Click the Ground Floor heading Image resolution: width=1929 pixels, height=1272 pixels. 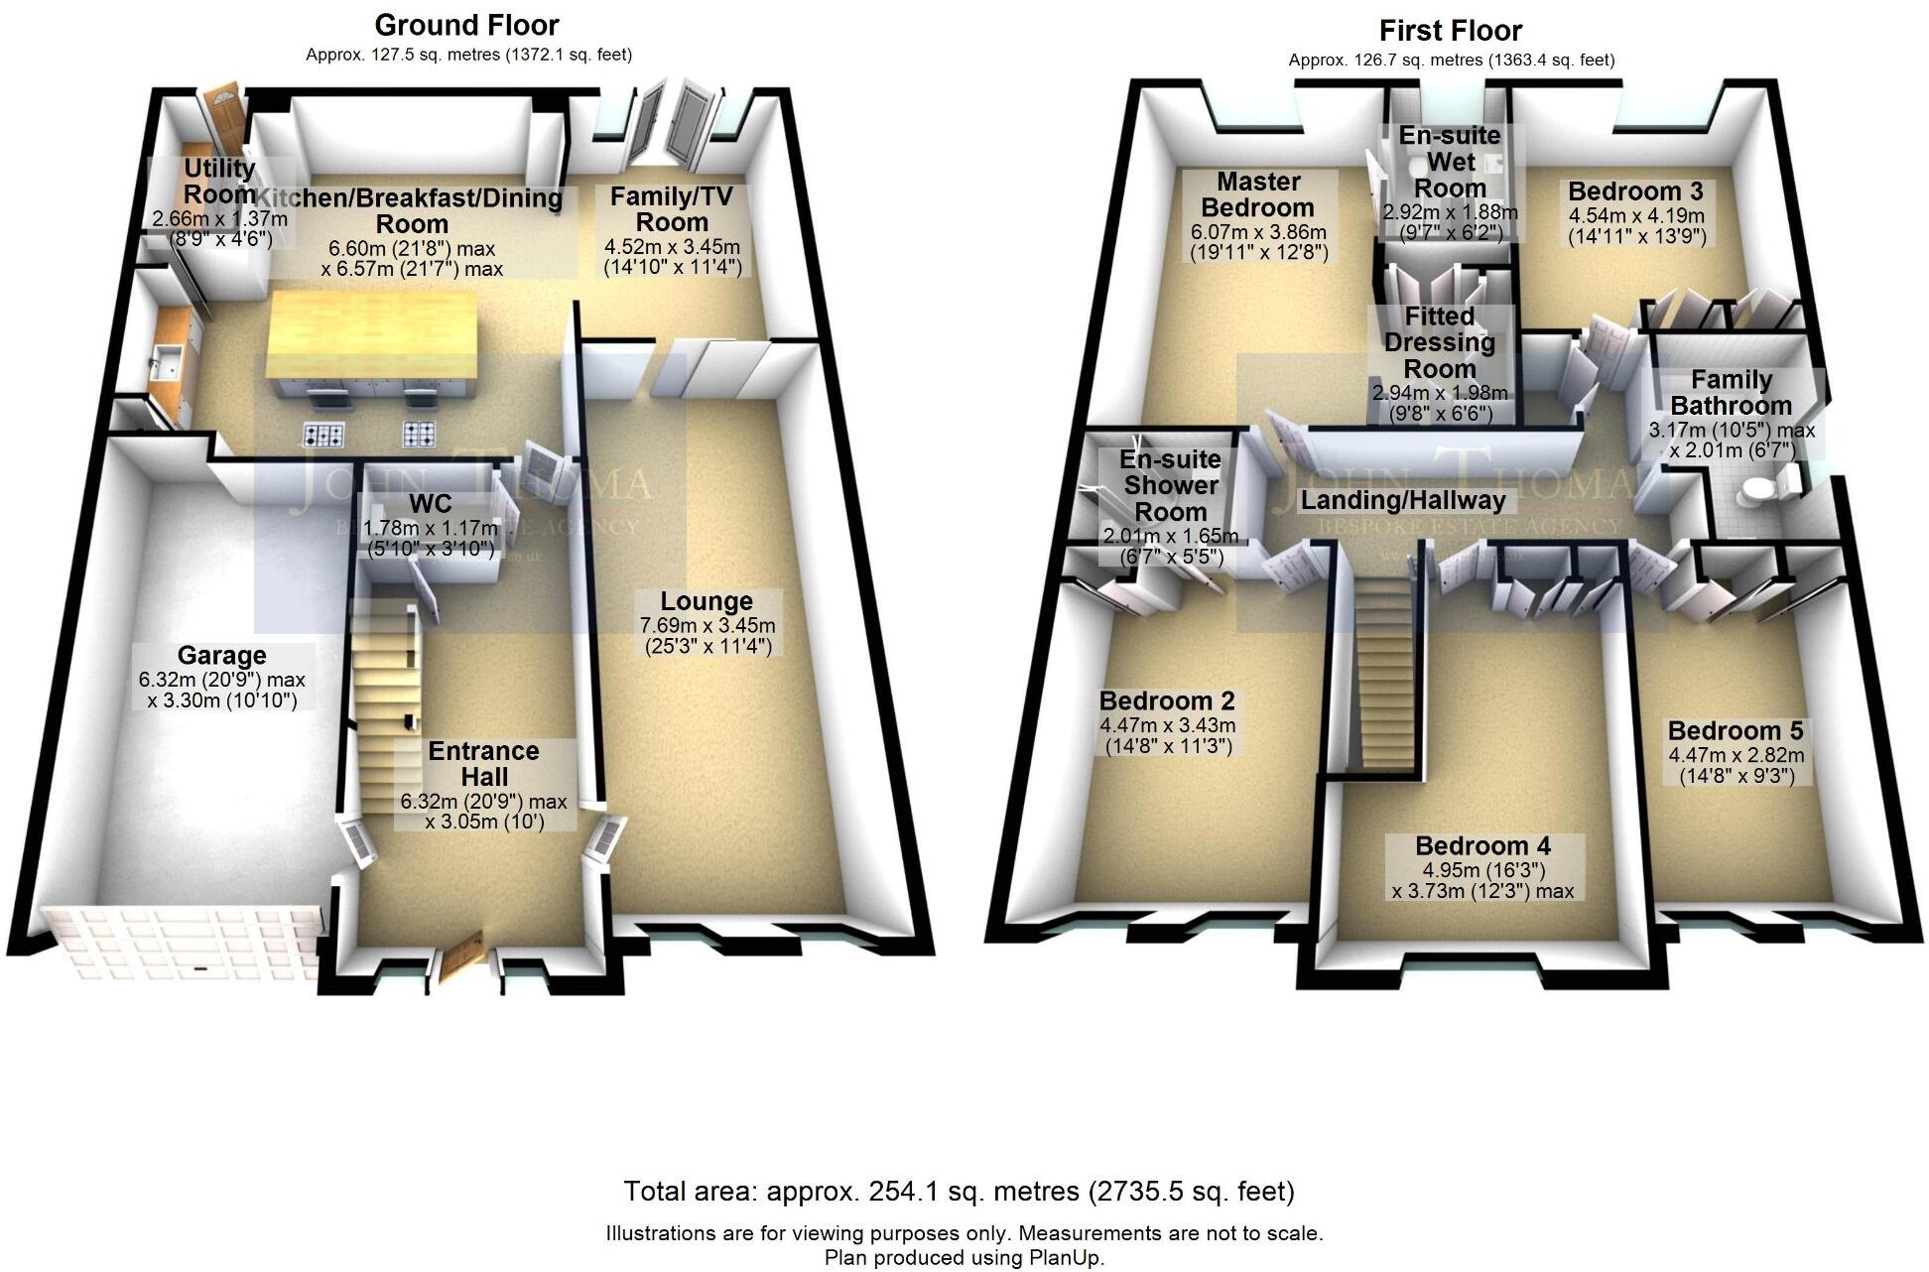(x=466, y=25)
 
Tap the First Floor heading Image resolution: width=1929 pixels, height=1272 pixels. (x=1451, y=31)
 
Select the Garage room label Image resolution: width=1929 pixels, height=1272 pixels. (x=221, y=656)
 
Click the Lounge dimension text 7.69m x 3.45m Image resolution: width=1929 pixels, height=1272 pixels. (x=707, y=626)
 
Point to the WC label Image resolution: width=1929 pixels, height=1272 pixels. (x=430, y=503)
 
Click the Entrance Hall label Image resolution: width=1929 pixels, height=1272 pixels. (x=483, y=764)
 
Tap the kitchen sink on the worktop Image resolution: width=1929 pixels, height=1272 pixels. (x=166, y=363)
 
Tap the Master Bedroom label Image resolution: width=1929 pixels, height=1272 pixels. (x=1257, y=194)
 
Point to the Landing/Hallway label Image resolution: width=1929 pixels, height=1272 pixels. (x=1402, y=500)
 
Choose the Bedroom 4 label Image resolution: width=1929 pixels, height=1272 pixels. (x=1482, y=846)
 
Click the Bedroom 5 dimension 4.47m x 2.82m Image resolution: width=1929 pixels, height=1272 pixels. (x=1736, y=754)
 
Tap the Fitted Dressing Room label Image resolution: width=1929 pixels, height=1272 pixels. (x=1439, y=342)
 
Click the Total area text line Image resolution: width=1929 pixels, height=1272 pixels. (x=959, y=1191)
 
